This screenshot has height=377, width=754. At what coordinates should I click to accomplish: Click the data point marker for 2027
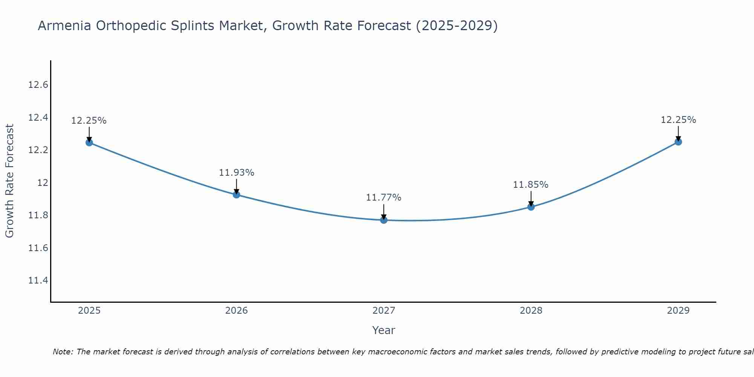click(384, 220)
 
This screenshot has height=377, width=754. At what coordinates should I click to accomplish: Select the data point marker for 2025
click(89, 143)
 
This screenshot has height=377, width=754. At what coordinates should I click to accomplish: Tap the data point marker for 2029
click(678, 142)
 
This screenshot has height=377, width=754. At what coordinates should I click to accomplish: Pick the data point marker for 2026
click(236, 195)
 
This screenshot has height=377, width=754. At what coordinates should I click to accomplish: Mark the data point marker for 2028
click(531, 207)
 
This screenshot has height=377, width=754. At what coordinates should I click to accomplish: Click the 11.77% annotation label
click(384, 198)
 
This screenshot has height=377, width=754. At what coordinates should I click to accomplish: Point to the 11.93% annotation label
click(236, 173)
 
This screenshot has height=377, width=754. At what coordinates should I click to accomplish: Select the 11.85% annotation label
click(530, 185)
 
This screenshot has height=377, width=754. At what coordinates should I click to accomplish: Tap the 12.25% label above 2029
click(678, 120)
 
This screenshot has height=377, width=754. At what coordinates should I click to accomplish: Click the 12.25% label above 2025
click(89, 121)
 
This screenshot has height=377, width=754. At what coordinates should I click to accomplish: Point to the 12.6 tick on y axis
click(38, 85)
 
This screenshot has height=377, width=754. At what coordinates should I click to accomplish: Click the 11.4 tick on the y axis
click(38, 280)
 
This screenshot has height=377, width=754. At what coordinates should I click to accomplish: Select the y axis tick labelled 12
click(43, 183)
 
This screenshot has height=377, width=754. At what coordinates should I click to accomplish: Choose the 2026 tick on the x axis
click(236, 311)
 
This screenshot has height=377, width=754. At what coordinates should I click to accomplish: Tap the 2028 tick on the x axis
click(531, 311)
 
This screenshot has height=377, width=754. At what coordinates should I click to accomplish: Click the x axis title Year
click(383, 330)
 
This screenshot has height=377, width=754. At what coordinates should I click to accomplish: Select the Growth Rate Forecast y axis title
click(10, 181)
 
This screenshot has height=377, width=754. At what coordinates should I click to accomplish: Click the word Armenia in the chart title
click(64, 26)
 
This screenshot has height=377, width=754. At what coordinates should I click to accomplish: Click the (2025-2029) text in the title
click(457, 26)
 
